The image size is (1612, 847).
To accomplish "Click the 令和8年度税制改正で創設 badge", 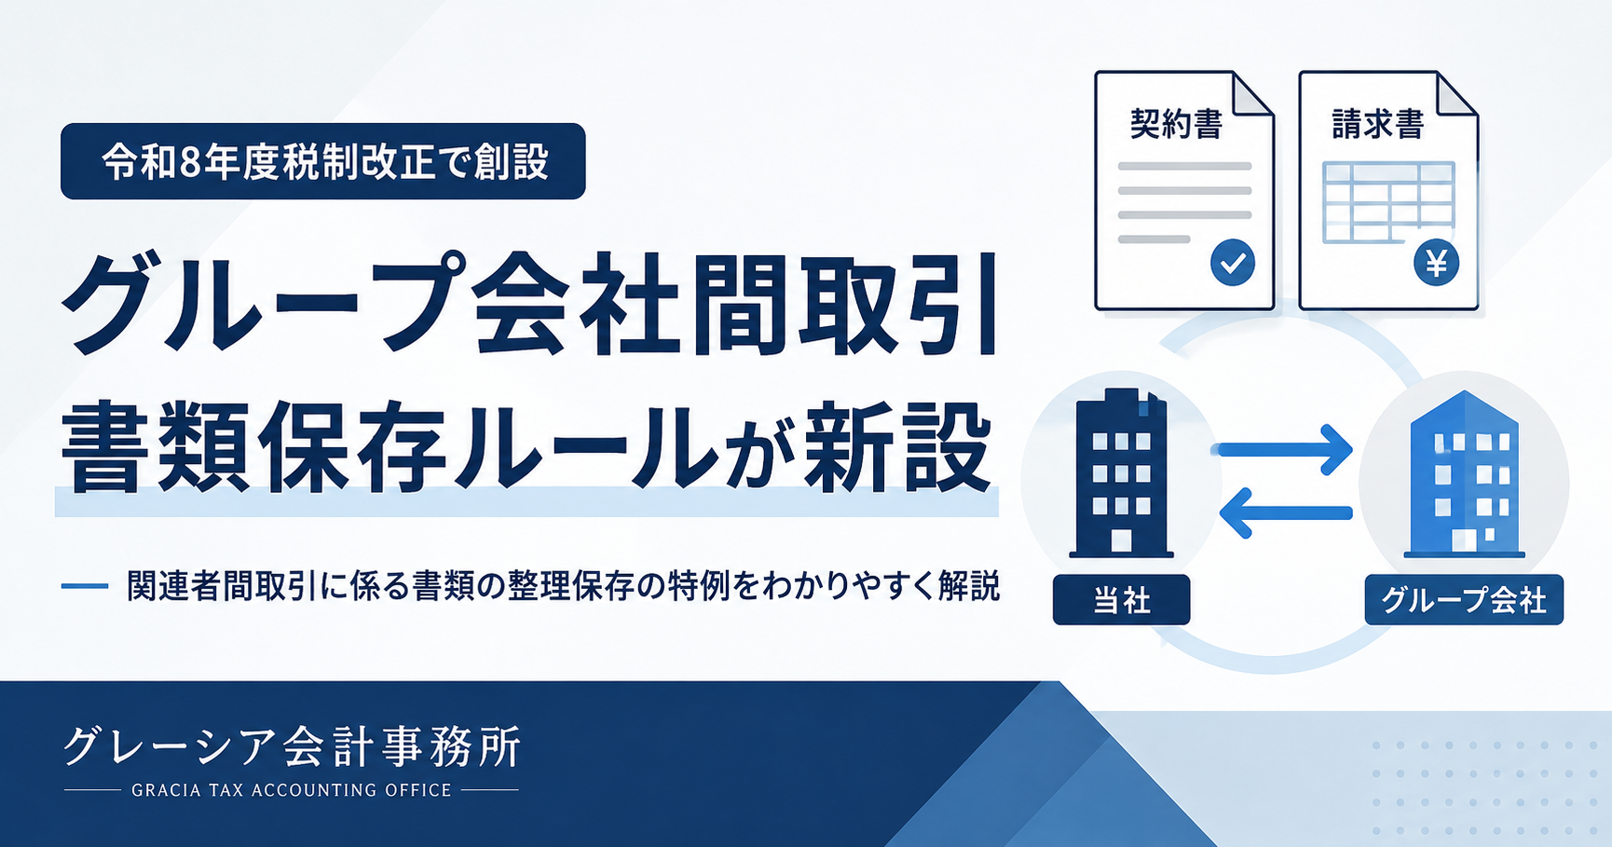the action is coord(323,161).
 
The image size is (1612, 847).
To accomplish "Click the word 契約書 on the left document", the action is coord(1176,123).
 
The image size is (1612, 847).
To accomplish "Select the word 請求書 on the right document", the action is coord(1378,123).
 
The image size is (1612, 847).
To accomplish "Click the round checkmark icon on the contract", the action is coord(1232,263).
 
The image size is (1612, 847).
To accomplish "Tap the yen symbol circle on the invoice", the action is coord(1436,263).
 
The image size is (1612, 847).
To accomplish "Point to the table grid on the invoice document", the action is coord(1388,202).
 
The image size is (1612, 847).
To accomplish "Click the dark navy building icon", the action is coord(1121,473).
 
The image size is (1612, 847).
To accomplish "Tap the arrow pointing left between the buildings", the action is coord(1286,512).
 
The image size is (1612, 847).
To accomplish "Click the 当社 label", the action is coord(1121,599).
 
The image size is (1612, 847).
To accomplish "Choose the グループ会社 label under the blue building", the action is coord(1464,599).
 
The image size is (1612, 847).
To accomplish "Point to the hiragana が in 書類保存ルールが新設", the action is coord(757,450).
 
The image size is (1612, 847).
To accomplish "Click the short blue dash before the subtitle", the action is coord(85,586).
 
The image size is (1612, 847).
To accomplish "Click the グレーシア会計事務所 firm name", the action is coord(292,746).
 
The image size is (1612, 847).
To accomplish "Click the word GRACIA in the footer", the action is coord(167,790).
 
